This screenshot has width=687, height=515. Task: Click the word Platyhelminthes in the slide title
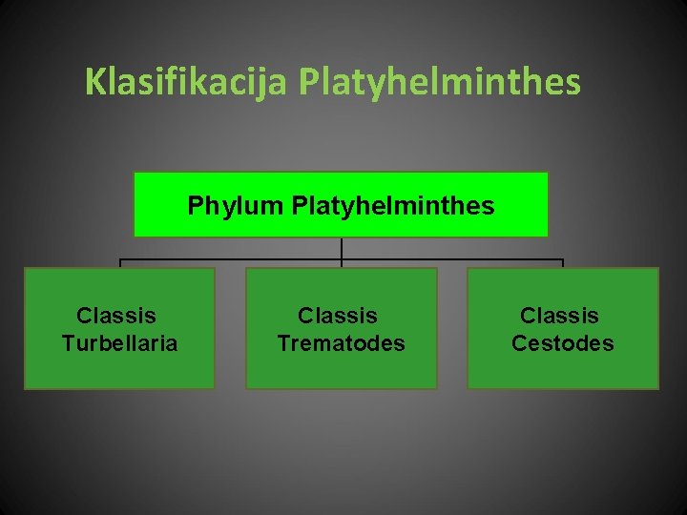(439, 82)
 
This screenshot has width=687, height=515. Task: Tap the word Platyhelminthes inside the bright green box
(393, 205)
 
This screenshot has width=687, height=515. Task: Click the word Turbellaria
(119, 343)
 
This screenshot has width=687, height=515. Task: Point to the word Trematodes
(341, 343)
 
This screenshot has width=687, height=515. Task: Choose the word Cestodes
(562, 343)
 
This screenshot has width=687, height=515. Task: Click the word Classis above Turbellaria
(116, 316)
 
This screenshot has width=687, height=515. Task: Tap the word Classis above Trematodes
(338, 316)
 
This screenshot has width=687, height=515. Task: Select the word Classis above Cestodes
(559, 316)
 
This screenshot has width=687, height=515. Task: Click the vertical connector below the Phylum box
(342, 248)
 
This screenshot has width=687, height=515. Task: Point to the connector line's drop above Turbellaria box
(119, 263)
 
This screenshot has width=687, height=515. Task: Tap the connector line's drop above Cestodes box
(563, 263)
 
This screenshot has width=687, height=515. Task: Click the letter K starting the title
(94, 82)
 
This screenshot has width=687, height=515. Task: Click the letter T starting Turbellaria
(67, 343)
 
